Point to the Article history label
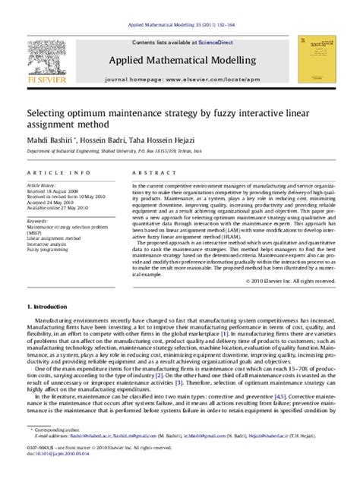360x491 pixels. (x=42, y=184)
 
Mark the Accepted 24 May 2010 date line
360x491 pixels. (x=50, y=202)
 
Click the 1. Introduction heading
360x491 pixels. (x=51, y=306)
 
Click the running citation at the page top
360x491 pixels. (x=180, y=25)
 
